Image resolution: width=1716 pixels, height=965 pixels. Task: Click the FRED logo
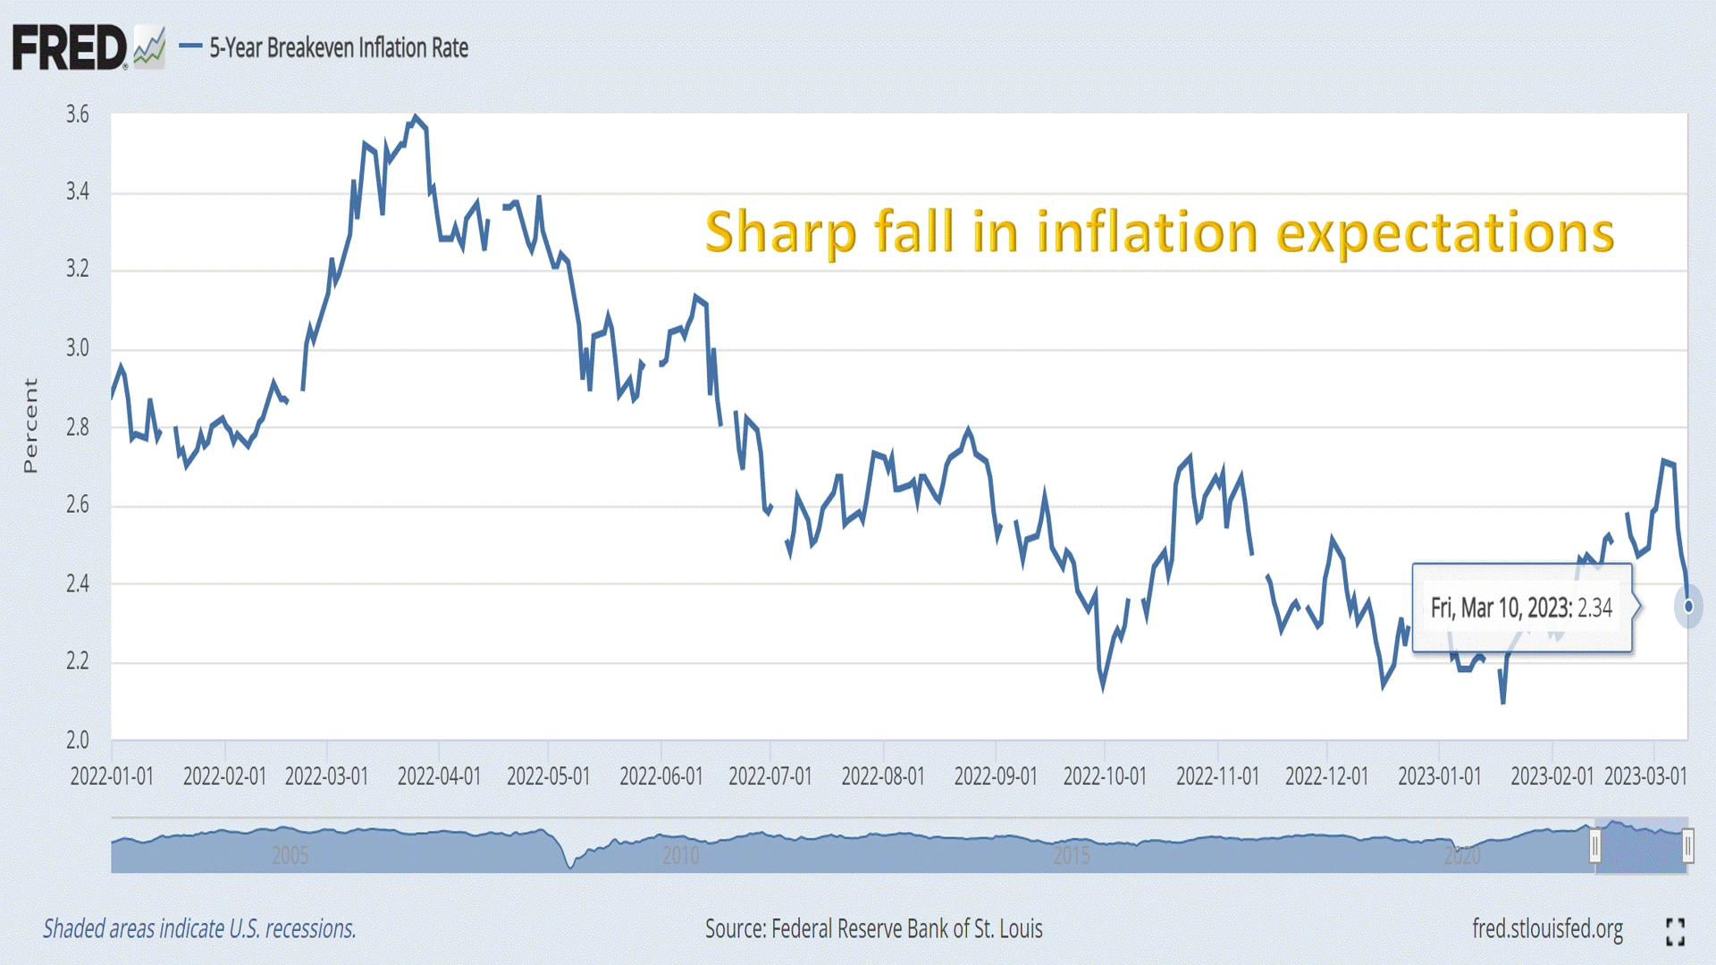point(70,47)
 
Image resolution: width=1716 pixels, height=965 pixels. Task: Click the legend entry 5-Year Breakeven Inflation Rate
point(338,47)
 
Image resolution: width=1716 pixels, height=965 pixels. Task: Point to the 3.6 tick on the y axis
point(78,114)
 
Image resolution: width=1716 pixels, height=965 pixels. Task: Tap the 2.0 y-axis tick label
point(78,740)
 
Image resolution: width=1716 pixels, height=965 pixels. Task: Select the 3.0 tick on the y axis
point(78,348)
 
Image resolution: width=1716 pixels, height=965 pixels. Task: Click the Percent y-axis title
point(30,425)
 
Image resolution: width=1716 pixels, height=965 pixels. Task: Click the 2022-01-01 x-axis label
point(112,776)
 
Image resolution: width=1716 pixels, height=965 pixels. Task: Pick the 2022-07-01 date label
point(770,776)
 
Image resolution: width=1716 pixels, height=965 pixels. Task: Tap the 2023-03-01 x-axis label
point(1645,776)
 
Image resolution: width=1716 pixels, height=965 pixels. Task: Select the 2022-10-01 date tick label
point(1105,776)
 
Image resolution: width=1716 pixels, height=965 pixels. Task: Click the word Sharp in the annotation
point(781,232)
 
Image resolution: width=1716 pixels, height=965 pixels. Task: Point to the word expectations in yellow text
point(1444,232)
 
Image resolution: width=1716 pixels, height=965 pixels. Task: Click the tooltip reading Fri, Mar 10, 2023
point(1521,608)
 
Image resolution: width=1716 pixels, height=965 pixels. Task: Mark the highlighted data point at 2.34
point(1688,607)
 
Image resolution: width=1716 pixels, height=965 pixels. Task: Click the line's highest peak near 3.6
point(415,117)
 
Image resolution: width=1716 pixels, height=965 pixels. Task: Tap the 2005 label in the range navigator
point(290,856)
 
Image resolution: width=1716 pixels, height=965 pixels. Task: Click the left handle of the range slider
point(1594,845)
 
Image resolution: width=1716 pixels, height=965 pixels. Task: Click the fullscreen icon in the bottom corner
point(1676,931)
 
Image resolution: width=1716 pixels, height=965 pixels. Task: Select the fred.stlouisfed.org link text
point(1547,929)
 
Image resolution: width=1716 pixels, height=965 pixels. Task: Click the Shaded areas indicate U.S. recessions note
point(199,929)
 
